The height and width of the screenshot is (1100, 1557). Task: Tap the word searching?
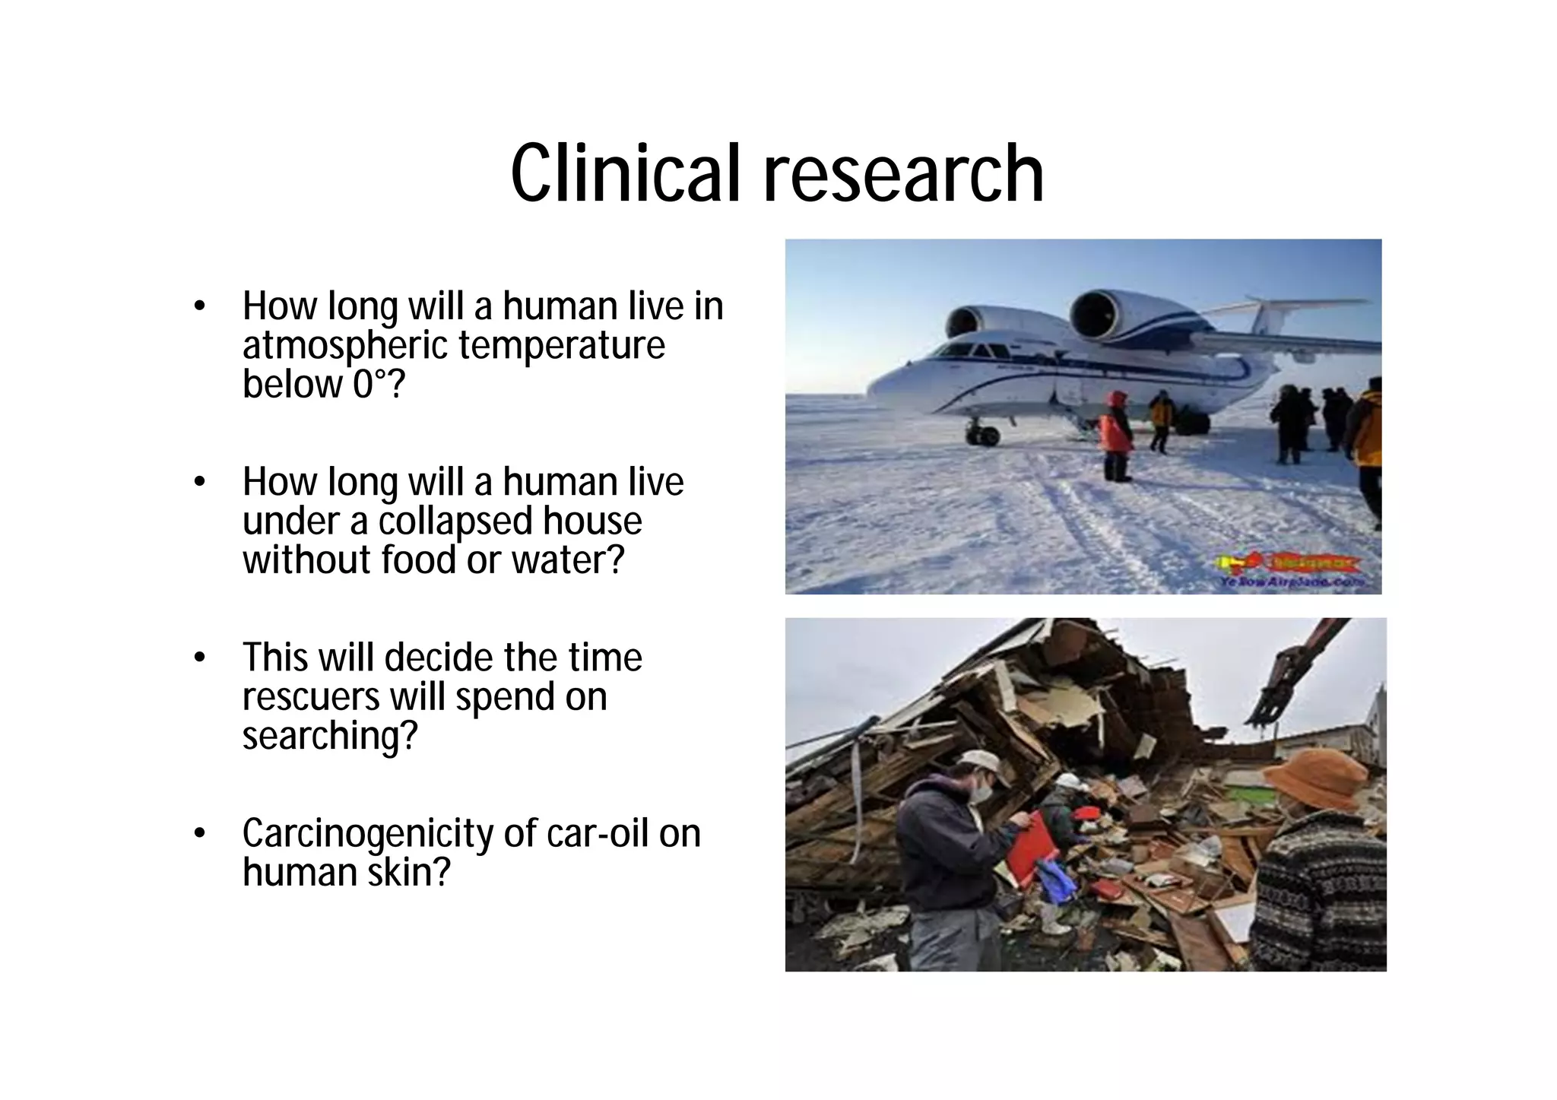click(330, 736)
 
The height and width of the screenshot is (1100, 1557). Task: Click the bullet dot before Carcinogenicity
click(200, 834)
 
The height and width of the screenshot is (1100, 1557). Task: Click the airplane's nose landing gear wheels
click(981, 436)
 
